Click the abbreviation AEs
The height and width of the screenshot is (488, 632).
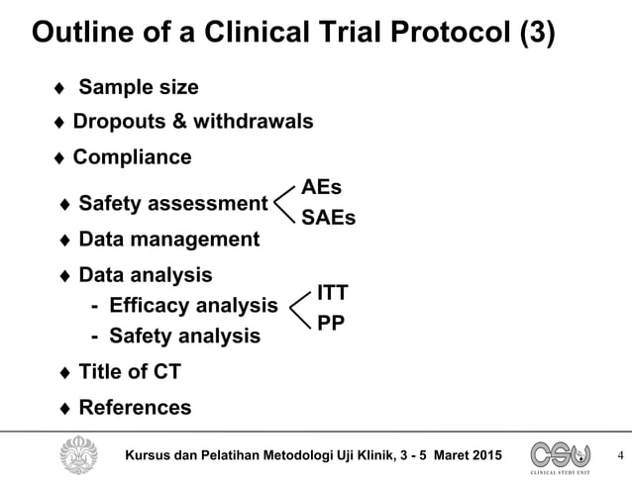tap(322, 187)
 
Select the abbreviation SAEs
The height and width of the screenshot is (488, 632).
tap(328, 218)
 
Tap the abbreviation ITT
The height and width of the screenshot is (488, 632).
tap(332, 292)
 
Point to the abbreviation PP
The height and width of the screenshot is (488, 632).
tap(331, 322)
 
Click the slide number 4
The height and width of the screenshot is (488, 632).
tap(620, 456)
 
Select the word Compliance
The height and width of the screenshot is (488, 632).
tap(133, 157)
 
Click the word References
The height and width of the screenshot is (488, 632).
tap(135, 408)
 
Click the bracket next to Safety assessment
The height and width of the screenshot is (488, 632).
tap(284, 203)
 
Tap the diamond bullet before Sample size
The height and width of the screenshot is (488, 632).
tap(59, 89)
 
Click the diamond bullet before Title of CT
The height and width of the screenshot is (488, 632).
tap(65, 374)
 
